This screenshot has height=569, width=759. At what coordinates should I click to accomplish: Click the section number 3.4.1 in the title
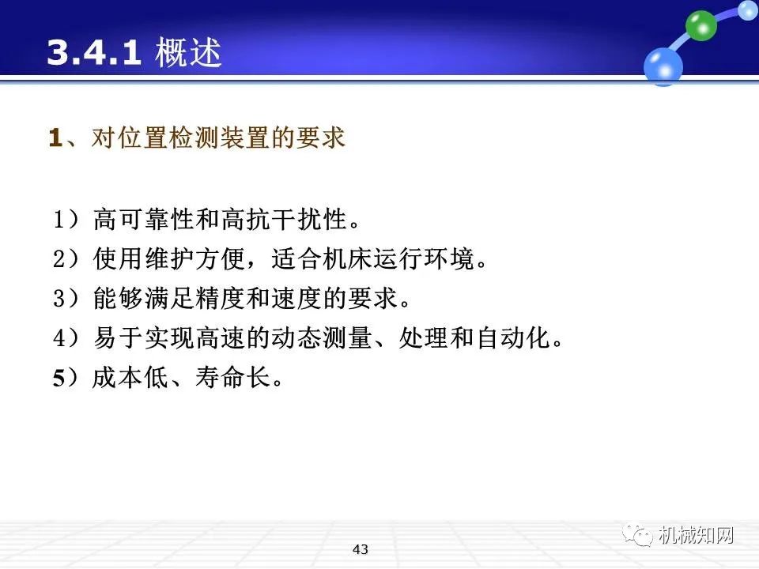coord(94,53)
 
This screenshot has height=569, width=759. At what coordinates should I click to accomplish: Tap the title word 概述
coord(189,53)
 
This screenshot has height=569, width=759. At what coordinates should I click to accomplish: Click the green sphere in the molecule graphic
coord(700,25)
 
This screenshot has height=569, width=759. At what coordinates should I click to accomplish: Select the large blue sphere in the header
coord(663,66)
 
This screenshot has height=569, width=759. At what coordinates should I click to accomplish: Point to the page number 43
coord(361,548)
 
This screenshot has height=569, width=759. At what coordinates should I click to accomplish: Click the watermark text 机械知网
coord(696,536)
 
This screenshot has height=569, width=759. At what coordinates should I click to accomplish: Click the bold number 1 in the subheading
coord(55,138)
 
